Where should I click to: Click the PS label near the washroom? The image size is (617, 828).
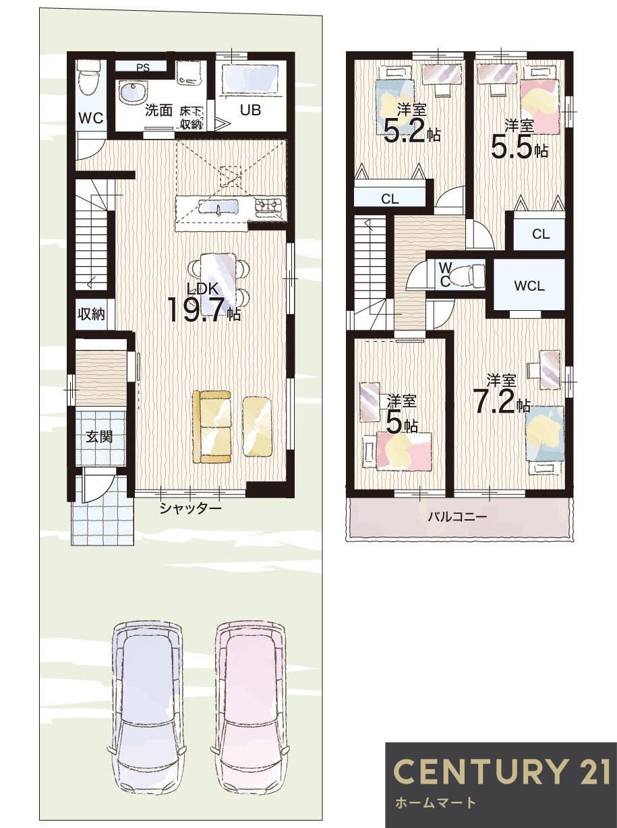coord(143,68)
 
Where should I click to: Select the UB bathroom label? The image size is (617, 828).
coord(251,110)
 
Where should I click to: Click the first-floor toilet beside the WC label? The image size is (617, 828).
coord(88,79)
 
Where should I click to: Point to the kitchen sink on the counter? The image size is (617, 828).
coord(218,206)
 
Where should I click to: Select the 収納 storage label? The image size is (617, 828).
coord(92,314)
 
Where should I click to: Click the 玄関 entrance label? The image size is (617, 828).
coord(99,437)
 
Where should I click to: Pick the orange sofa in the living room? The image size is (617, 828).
coord(212,427)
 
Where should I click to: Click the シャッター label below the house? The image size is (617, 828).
coord(191,508)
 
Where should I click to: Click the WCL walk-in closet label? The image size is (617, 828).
coord(529,286)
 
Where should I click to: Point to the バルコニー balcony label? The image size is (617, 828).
coord(457,517)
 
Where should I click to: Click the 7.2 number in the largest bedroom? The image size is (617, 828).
coord(495,401)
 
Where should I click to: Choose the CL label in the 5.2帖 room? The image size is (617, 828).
coord(390,199)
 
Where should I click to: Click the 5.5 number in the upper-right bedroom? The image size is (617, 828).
coord(510,148)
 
